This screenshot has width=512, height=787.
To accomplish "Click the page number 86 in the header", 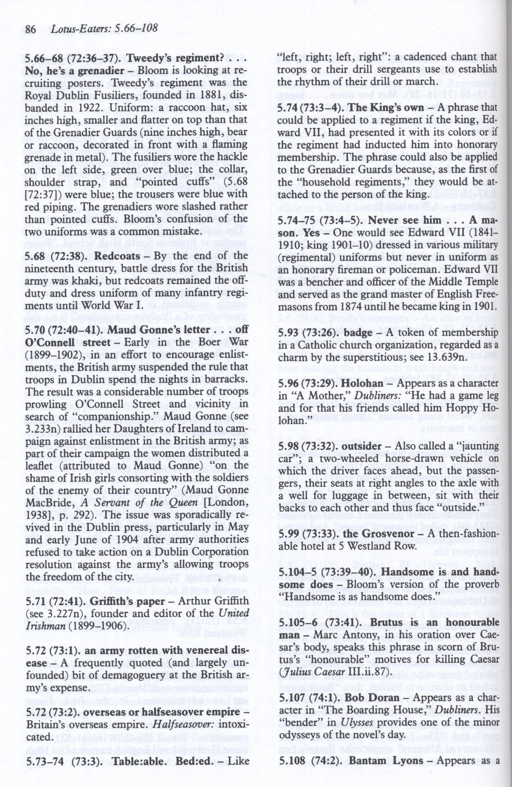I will click(31, 30).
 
